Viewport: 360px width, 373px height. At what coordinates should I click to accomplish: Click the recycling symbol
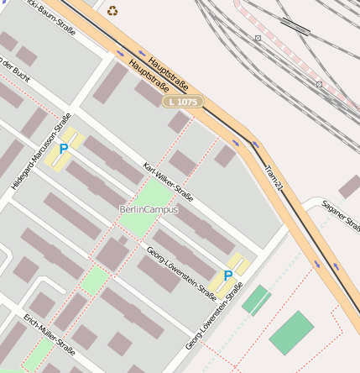point(112,11)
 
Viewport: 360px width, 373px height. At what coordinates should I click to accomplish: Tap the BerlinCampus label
point(149,208)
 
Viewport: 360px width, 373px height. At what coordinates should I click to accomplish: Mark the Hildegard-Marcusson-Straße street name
point(33,160)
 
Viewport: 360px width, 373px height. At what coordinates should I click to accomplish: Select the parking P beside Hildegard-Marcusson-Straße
point(63,149)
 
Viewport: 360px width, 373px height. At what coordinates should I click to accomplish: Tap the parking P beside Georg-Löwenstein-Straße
point(227,275)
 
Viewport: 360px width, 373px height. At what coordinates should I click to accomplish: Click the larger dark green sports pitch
point(291,333)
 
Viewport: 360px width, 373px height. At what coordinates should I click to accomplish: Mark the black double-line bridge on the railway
point(295,25)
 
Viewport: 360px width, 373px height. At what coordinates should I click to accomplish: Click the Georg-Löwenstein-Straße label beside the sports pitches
point(215,317)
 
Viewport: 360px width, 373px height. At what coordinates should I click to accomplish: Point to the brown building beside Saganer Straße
point(349,186)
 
